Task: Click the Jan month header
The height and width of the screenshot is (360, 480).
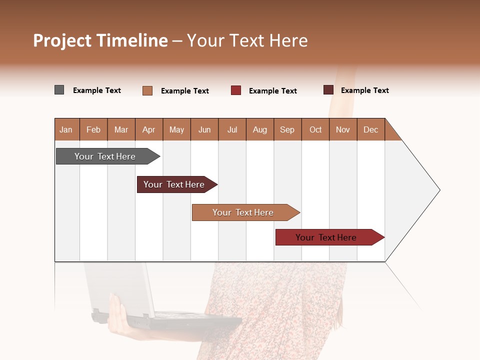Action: click(66, 129)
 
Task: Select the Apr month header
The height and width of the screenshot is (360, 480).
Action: click(149, 129)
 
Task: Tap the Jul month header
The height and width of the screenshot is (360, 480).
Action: click(232, 129)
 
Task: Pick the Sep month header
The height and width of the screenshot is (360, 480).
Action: click(287, 129)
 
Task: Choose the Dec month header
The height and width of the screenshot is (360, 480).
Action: click(370, 129)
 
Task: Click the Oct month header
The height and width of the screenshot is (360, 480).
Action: click(315, 129)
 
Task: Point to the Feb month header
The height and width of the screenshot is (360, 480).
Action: click(93, 129)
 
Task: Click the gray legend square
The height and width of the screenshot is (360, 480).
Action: click(59, 90)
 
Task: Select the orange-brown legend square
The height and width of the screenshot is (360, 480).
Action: click(147, 90)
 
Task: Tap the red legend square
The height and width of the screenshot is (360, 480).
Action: click(236, 90)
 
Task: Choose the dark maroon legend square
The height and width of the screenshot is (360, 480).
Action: click(328, 90)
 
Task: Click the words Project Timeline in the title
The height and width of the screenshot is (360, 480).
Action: click(100, 40)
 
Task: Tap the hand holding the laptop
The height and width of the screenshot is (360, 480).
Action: click(117, 315)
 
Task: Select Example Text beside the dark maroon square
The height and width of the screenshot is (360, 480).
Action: click(364, 90)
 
